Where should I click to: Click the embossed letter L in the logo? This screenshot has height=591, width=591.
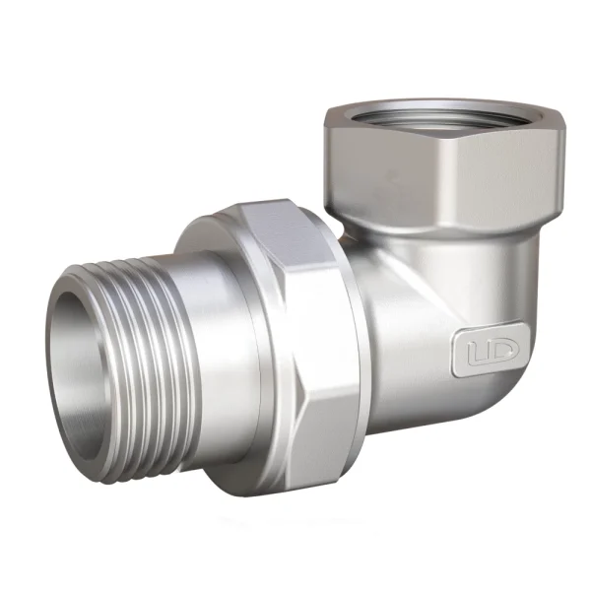tap(477, 353)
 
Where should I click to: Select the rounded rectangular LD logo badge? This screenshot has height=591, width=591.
tap(490, 350)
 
